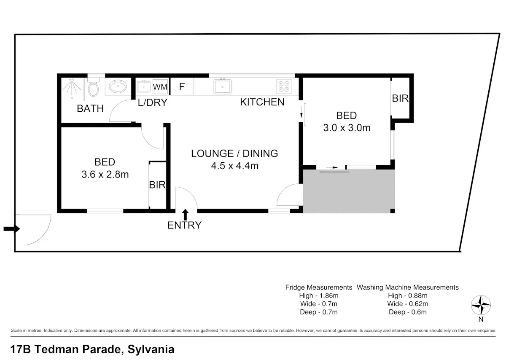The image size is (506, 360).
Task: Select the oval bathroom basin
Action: tap(118, 86)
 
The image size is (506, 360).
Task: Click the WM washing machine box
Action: tap(160, 87)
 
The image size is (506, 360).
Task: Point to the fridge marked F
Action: tap(182, 86)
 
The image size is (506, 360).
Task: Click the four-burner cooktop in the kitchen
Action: tap(284, 86)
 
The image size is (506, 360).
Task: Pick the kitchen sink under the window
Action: tap(222, 86)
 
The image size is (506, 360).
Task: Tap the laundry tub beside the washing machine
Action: tap(143, 86)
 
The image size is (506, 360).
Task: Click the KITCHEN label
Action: tap(262, 102)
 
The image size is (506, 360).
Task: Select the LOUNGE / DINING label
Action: tap(234, 153)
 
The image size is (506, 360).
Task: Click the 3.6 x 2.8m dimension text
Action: tap(105, 175)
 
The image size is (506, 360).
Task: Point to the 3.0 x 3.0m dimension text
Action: tap(347, 128)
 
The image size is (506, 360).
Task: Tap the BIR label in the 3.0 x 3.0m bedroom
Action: tap(400, 99)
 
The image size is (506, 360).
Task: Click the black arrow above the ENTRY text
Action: tap(185, 215)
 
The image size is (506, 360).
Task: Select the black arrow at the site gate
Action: tap(12, 229)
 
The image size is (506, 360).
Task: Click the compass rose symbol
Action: tap(481, 305)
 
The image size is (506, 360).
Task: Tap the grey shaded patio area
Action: tap(349, 191)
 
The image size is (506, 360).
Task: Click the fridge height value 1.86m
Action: tap(329, 296)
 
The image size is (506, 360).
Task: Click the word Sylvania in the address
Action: tap(151, 349)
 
